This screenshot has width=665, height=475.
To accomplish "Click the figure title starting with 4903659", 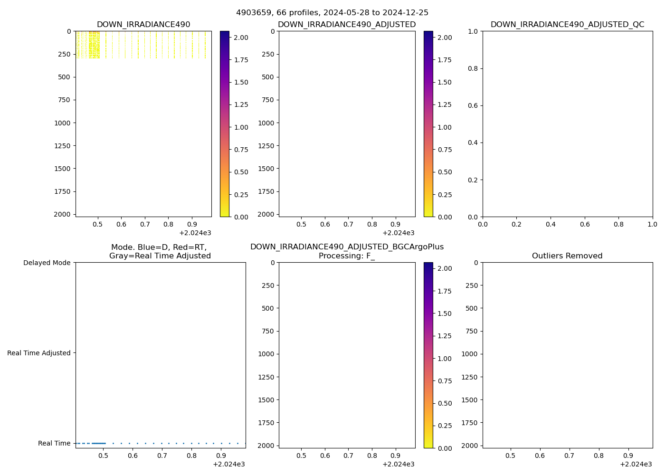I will point(332,12).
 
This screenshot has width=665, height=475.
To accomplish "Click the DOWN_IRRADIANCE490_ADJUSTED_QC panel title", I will point(567,24).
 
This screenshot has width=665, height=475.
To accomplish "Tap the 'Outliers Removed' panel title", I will point(567,256).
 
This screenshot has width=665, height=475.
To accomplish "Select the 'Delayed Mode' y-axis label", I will point(47,263).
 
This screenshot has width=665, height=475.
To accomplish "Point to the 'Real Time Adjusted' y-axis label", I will point(39,353).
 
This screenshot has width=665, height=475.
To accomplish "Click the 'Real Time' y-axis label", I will point(54,443).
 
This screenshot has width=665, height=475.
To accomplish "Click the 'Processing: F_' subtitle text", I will point(347,256).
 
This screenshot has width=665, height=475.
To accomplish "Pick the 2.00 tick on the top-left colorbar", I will point(241,37).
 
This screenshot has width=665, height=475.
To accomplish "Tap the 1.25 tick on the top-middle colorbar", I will point(445,104).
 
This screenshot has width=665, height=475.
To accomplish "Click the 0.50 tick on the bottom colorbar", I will point(445,403).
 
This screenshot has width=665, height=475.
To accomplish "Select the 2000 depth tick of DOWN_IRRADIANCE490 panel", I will point(62,214).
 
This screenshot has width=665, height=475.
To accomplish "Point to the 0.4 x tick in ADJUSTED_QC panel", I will point(551,224).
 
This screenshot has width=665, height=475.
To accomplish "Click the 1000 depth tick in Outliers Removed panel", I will point(469,354).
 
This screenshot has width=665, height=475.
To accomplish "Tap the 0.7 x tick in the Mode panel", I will point(162,455).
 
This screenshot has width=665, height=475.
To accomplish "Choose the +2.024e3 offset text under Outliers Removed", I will point(636,464).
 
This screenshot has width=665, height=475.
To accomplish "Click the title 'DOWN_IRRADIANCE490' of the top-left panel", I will point(143,24).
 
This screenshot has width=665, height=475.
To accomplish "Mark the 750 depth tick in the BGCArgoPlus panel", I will point(269,331).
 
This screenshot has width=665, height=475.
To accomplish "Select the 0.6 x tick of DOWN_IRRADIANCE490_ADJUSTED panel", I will point(325,224).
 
